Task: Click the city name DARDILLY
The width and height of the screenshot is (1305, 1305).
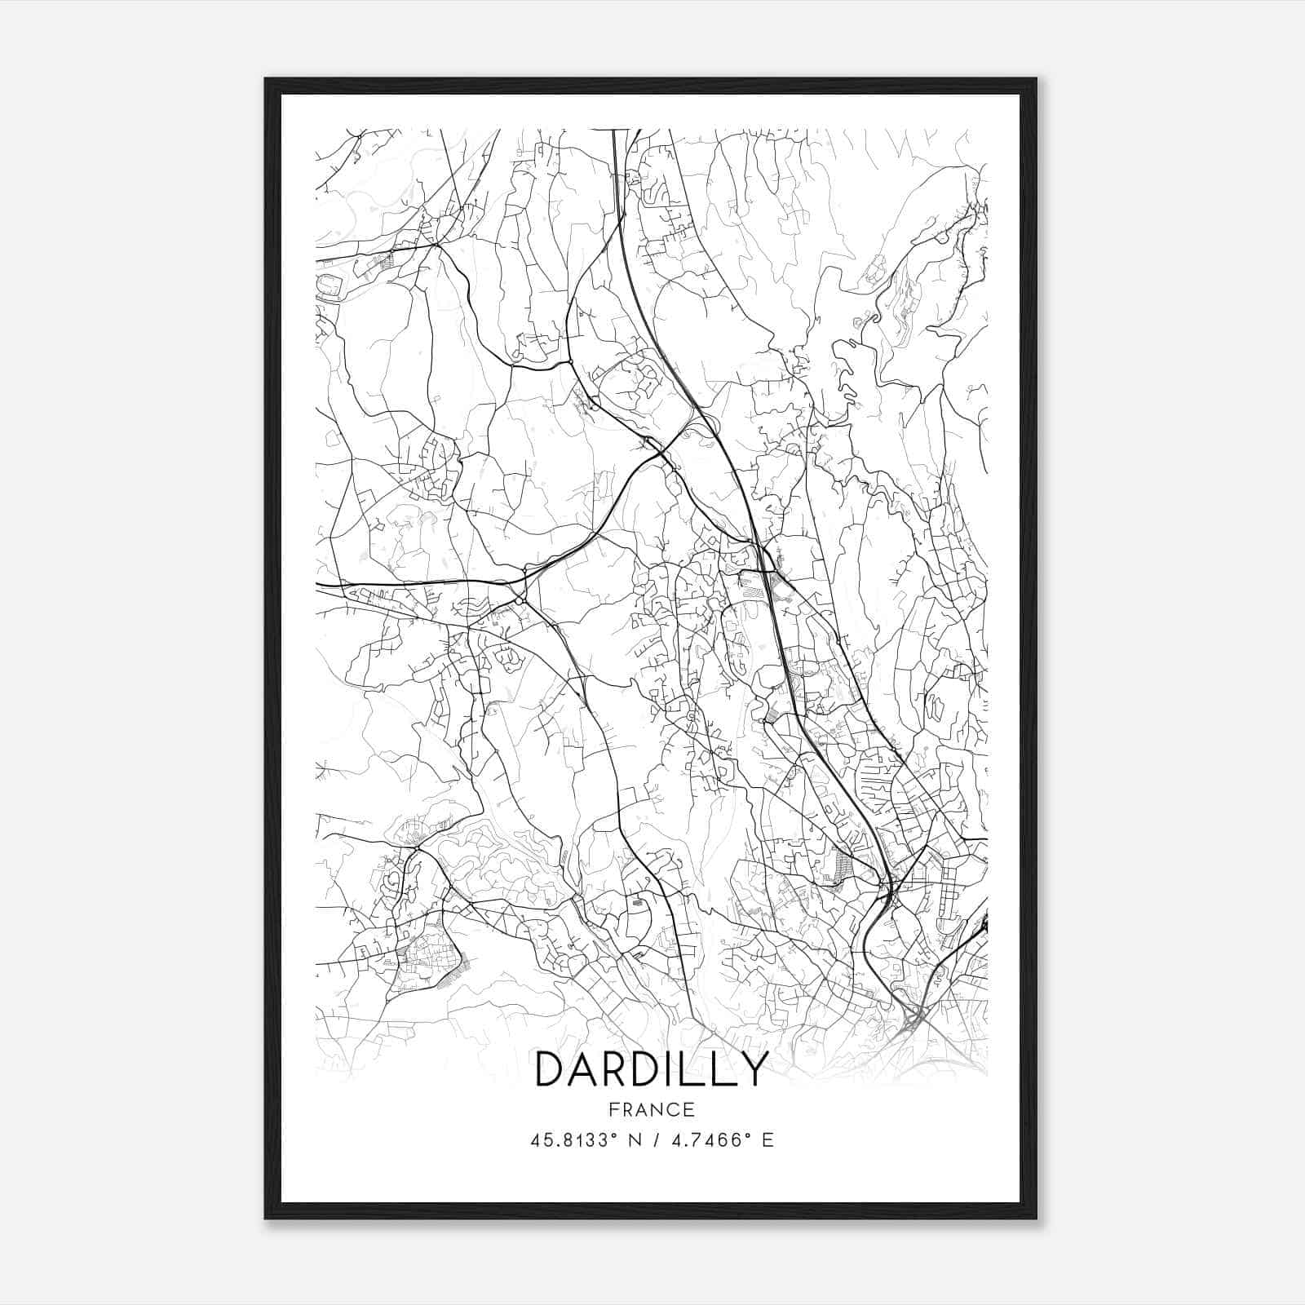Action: [652, 1069]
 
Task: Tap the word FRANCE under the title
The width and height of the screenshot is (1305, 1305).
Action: [652, 1109]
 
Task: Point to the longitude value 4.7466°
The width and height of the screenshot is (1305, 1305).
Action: [708, 1140]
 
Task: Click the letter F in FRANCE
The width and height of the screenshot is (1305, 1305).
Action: [613, 1109]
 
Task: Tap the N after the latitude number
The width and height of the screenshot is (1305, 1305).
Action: [636, 1140]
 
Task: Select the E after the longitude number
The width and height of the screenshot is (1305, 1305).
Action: [768, 1140]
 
